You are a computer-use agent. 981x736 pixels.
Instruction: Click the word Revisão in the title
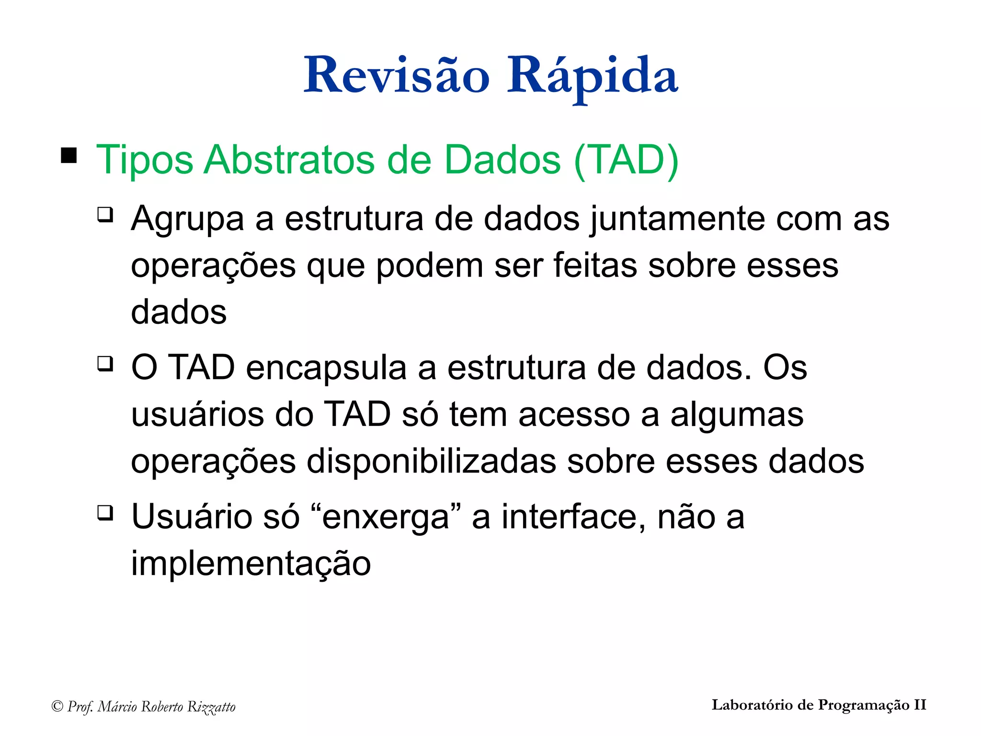397,75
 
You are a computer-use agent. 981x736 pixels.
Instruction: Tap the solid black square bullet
69,156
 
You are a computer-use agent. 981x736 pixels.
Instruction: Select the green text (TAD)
626,160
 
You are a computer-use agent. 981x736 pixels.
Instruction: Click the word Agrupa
188,219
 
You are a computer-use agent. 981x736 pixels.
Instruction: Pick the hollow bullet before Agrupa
105,214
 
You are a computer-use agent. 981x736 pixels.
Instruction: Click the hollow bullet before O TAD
105,364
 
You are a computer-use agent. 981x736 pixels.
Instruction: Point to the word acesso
574,414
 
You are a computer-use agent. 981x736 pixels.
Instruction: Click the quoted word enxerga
386,517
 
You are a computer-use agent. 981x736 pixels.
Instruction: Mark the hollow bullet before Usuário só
105,513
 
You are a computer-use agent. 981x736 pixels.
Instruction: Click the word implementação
251,563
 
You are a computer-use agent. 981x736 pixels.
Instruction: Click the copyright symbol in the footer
57,706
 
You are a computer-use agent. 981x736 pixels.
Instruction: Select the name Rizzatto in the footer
211,707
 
